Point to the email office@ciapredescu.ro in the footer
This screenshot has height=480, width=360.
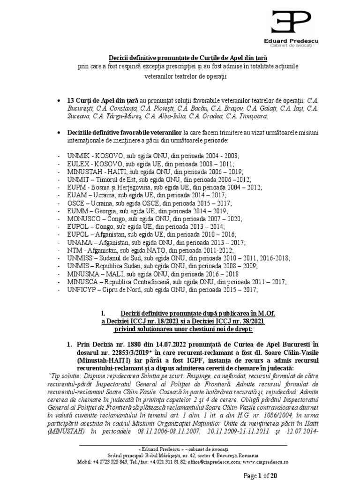[214, 462]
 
